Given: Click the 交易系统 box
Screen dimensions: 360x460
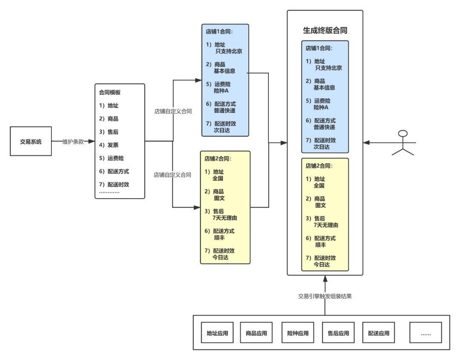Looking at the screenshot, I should pos(31,141).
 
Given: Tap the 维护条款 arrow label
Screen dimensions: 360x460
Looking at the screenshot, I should pos(73,141).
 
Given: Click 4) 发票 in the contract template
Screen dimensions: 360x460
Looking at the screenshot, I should pos(109,145).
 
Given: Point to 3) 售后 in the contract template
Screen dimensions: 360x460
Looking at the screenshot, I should pos(109,132).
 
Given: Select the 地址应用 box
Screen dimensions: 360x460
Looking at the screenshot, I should pos(217,333).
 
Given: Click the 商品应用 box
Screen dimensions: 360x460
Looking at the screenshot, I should pos(256,333).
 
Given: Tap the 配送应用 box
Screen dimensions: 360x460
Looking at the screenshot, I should pos(379,333).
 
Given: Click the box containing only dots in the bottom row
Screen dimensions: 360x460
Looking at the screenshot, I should pos(425,333).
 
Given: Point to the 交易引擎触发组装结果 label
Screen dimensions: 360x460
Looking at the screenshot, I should pos(325,297).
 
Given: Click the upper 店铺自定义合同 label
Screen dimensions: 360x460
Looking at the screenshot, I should pos(172,112).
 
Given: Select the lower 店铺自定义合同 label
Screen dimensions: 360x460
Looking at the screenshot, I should pos(172,175).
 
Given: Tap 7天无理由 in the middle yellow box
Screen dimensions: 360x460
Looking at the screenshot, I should pos(224,218).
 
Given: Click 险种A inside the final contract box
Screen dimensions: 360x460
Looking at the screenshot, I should pos(322,107).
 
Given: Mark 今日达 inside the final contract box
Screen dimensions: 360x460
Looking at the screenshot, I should pos(322,265).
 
